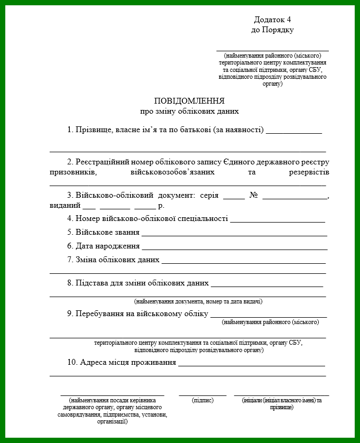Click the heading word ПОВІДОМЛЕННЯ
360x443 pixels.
pos(189,100)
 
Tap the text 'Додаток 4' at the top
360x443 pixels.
pos(273,20)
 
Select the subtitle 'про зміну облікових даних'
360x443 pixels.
pos(189,112)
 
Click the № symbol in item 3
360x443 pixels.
pos(253,195)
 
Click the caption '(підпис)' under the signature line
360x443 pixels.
pos(202,401)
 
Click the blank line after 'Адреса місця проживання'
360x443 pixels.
pos(252,365)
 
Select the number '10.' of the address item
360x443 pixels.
pos(73,363)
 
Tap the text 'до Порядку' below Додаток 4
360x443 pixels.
pos(273,30)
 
